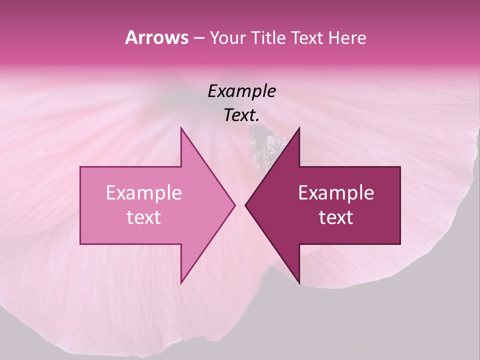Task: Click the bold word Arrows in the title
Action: tap(156, 37)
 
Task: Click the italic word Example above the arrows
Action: tap(241, 91)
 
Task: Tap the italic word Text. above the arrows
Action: tap(241, 115)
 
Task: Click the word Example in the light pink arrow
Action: tap(143, 192)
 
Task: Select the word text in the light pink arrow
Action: tap(143, 217)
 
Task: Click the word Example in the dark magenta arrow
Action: tap(336, 192)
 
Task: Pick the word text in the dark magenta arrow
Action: tap(336, 217)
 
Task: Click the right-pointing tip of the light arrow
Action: tap(234, 205)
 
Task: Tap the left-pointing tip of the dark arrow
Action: tap(246, 205)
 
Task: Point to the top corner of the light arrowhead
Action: tap(181, 128)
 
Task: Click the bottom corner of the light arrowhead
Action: tap(181, 282)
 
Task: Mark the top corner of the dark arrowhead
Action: tap(299, 128)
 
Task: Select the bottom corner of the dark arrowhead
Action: tap(299, 282)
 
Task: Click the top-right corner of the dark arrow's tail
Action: tap(399, 167)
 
